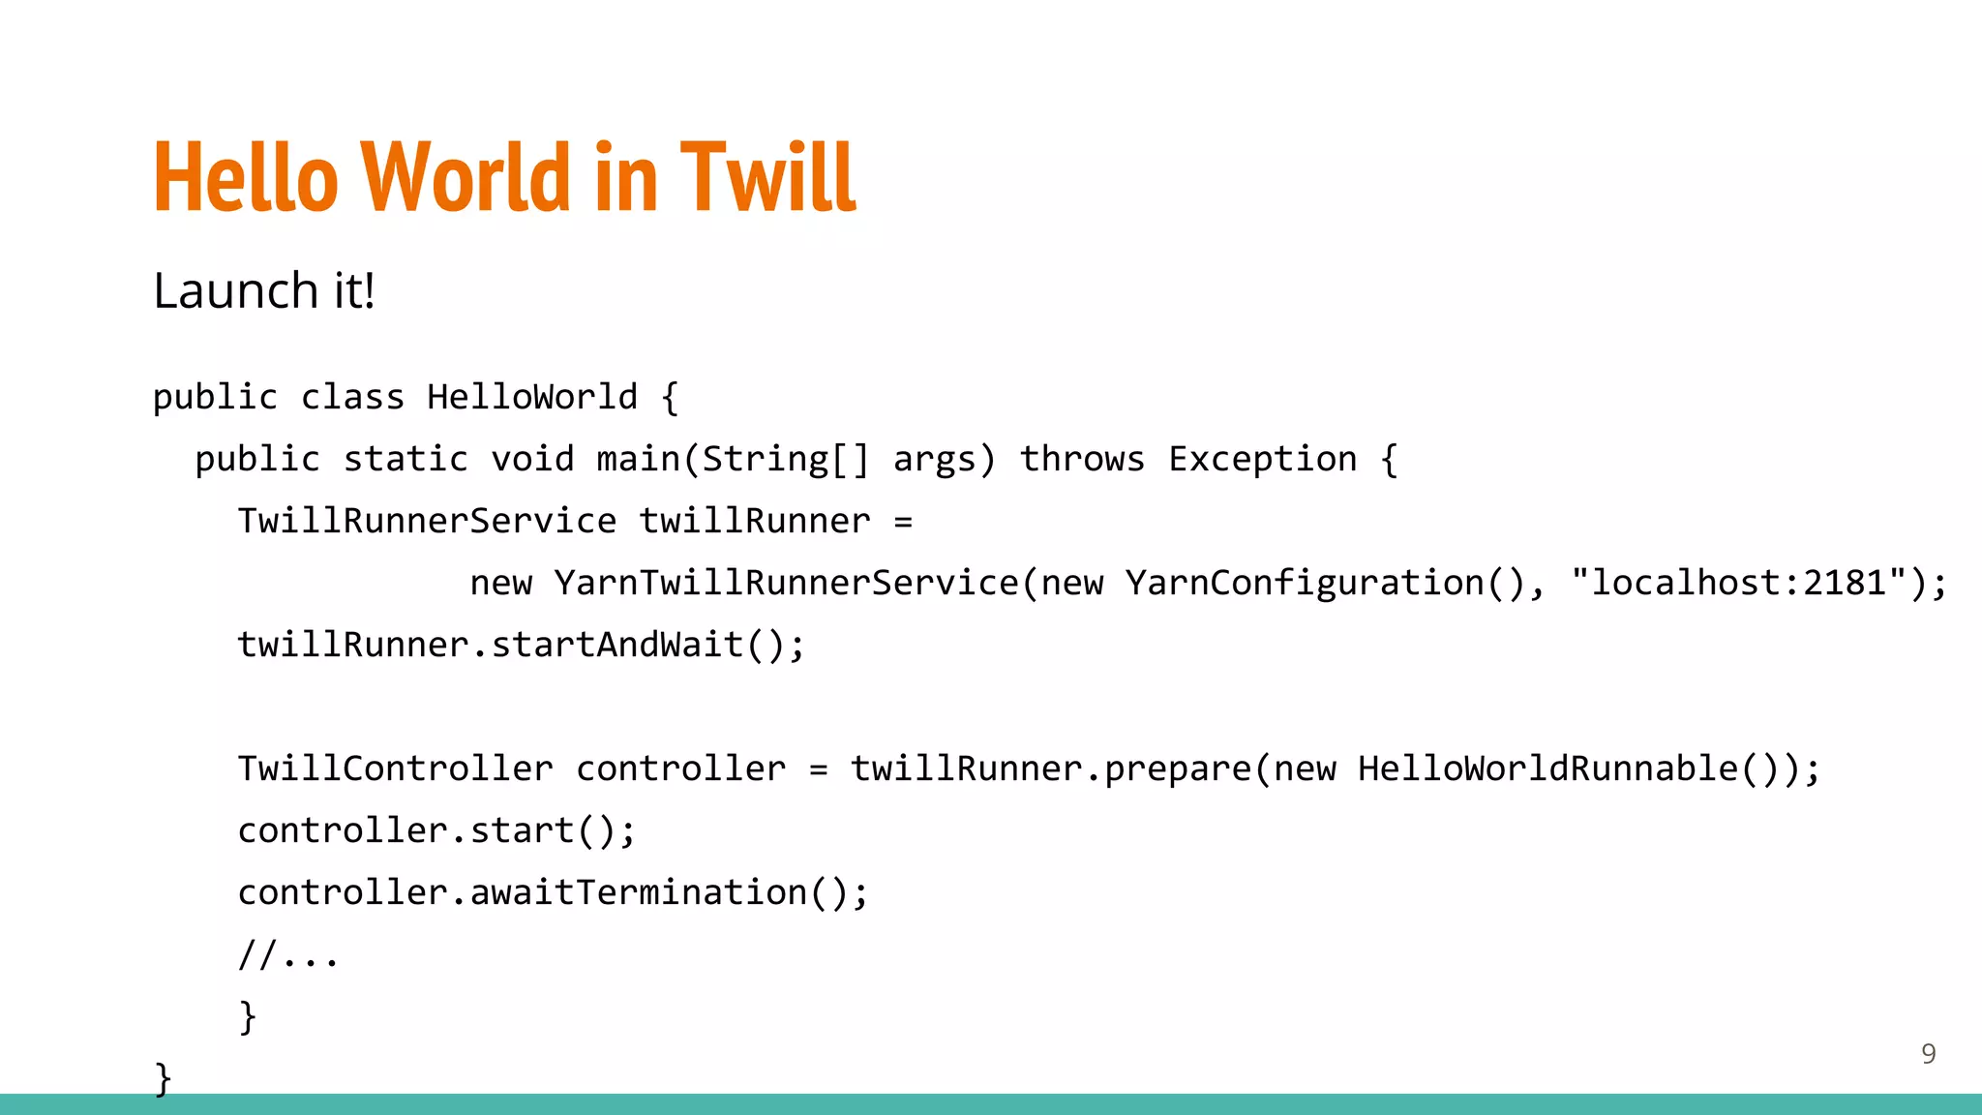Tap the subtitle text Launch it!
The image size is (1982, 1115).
coord(263,290)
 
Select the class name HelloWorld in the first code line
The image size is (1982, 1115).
coord(531,397)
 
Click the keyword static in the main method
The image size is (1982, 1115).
coord(405,459)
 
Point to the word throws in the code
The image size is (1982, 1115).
coord(1082,459)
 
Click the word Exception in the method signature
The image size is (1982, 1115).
coord(1262,459)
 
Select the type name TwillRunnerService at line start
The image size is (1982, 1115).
coord(427,521)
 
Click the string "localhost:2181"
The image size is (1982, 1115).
coord(1739,583)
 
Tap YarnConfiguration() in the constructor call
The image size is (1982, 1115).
coord(1326,583)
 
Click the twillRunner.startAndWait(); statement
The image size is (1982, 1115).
coord(521,645)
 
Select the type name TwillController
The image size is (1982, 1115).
coord(395,768)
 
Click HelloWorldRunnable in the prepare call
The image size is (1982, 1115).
coord(1548,768)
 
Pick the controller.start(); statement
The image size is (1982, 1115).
coord(436,830)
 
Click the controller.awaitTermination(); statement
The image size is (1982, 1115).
coord(553,892)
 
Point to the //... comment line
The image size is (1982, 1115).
coord(288,955)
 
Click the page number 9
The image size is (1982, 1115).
coord(1928,1053)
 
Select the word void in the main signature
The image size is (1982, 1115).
coord(532,459)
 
